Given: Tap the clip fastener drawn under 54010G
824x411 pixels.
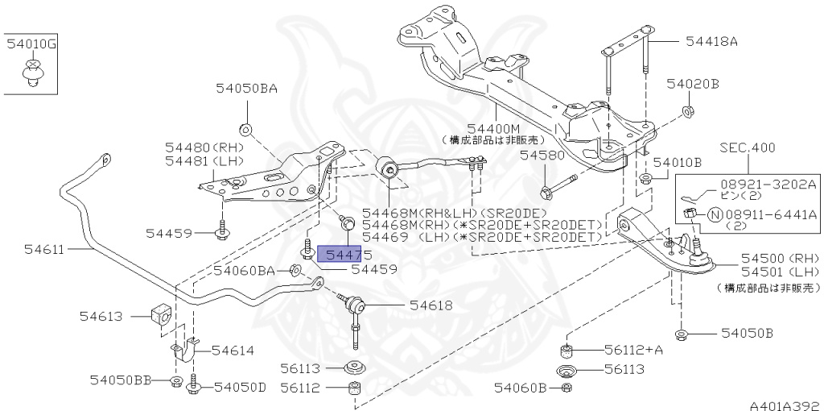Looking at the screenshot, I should (x=31, y=73).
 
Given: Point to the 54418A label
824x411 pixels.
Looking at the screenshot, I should (x=711, y=39).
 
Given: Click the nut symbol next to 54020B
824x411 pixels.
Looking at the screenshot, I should (x=689, y=110).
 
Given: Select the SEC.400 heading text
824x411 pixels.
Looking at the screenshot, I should (x=748, y=148).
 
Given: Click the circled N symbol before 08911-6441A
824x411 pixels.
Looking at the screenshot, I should (x=713, y=214).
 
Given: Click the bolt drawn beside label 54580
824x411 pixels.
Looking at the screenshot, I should (x=556, y=186).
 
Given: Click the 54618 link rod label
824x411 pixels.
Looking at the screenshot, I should (x=431, y=305).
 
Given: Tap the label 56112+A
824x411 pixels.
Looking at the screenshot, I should (x=634, y=350).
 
